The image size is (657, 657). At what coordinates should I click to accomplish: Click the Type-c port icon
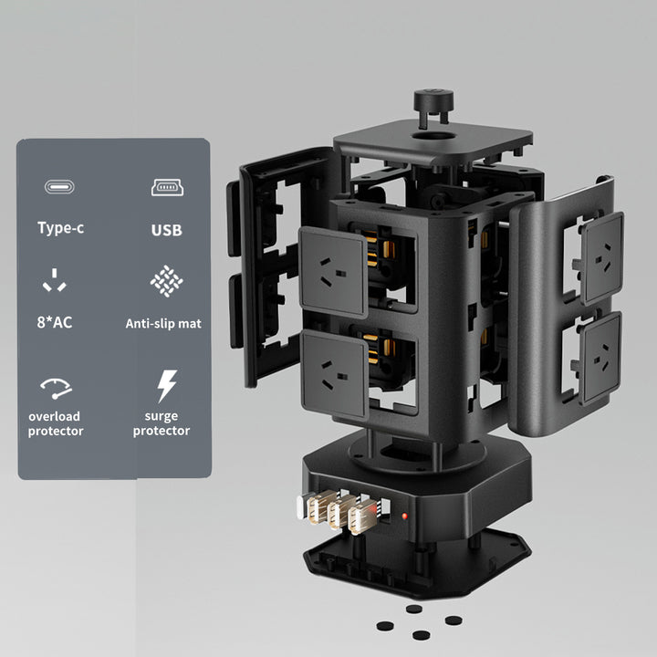[59, 187]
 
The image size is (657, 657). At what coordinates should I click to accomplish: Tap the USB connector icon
[167, 187]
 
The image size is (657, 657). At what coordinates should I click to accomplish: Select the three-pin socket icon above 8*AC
[55, 280]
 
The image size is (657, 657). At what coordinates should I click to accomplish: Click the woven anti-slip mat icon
[166, 281]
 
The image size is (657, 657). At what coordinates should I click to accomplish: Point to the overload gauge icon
[56, 389]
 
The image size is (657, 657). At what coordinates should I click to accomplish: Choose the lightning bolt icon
[167, 386]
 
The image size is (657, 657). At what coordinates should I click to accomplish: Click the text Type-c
[61, 228]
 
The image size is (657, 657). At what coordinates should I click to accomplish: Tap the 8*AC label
[55, 322]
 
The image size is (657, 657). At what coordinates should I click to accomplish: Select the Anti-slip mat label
[163, 323]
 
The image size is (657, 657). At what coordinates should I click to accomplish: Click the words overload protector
[56, 423]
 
